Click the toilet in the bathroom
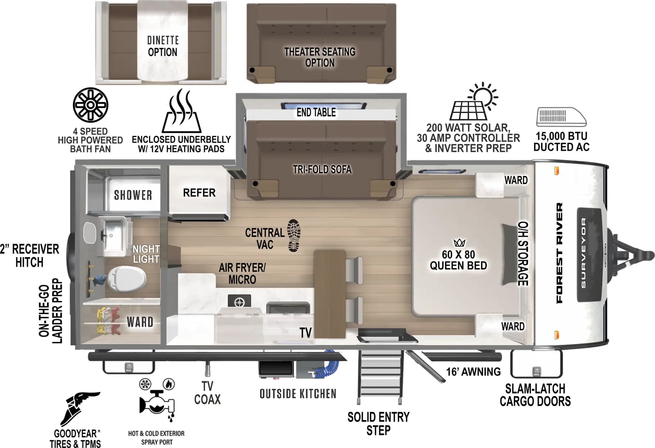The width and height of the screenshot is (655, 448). [x=128, y=279]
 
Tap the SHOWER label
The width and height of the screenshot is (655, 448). [x=133, y=195]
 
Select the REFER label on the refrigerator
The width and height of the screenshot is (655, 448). [x=199, y=192]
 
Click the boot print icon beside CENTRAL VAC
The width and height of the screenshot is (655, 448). [x=294, y=235]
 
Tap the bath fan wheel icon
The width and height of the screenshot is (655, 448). [x=90, y=105]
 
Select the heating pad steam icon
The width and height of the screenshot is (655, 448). [x=181, y=111]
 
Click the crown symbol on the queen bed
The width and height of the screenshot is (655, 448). [x=459, y=243]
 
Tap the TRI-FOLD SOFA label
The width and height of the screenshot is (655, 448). [x=322, y=169]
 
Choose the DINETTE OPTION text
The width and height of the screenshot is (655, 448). [x=163, y=46]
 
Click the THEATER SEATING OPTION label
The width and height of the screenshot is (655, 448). [x=320, y=57]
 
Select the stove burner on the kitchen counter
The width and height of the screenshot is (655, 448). [x=239, y=301]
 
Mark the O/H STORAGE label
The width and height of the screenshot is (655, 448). [x=523, y=254]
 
